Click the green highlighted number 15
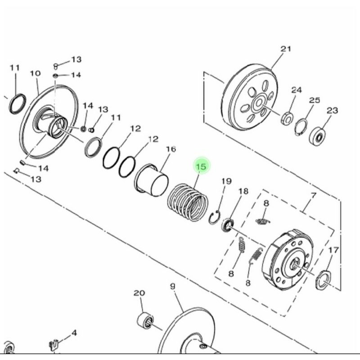pos(201,166)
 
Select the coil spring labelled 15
pos(188,202)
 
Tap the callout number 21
pos(286,49)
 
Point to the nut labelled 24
pos(287,118)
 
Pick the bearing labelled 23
pos(318,136)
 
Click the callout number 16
pos(171,149)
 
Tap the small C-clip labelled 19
pos(215,217)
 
